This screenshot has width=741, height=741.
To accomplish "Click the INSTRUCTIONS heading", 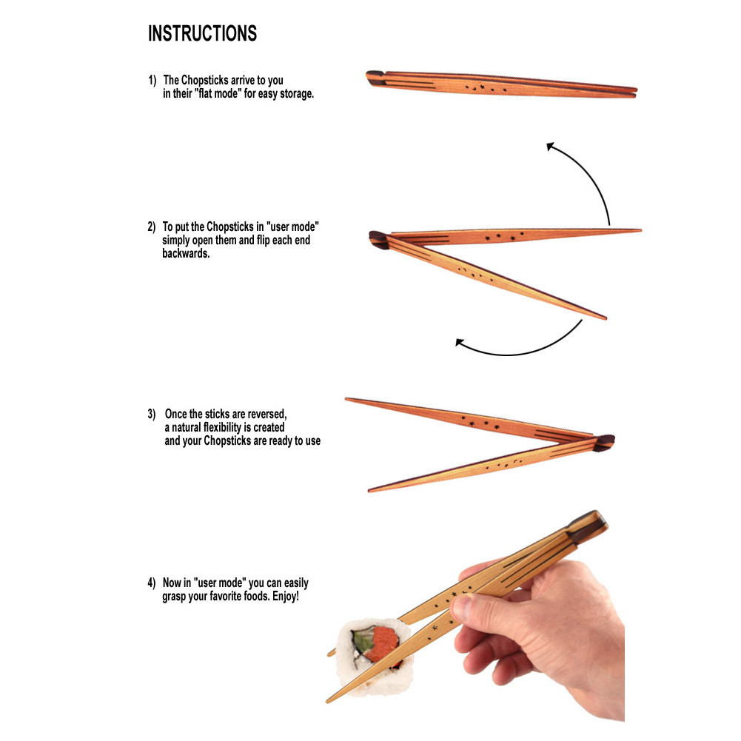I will [202, 34].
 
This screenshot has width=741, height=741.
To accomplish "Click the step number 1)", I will [152, 80].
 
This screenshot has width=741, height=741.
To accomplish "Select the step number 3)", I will [151, 414].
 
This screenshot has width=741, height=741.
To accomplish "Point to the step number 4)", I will [151, 583].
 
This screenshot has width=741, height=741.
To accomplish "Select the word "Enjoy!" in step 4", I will [283, 597].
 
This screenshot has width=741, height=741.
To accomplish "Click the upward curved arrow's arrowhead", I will [551, 147].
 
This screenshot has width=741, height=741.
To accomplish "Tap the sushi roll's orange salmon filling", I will [382, 640].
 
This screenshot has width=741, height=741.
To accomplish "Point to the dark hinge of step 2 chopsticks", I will [378, 238].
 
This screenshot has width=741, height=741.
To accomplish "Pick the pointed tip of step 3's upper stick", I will [348, 400].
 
